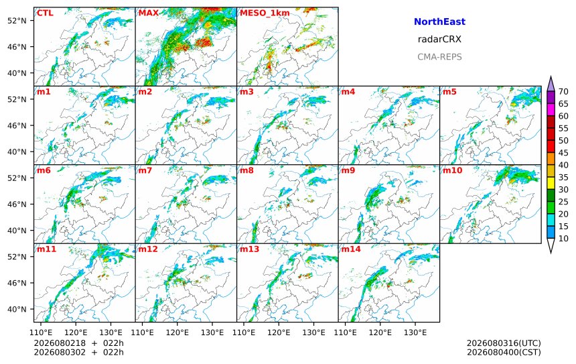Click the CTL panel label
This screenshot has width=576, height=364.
pyautogui.click(x=45, y=13)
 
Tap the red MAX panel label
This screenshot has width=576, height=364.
pyautogui.click(x=149, y=13)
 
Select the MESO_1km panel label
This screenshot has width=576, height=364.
pyautogui.click(x=265, y=13)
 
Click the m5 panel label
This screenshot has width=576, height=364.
pyautogui.click(x=449, y=92)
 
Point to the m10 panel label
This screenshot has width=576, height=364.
pyautogui.click(x=453, y=170)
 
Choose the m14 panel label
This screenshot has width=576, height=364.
pyautogui.click(x=351, y=249)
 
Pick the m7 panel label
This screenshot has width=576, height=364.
pyautogui.click(x=145, y=170)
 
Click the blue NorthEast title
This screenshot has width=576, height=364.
pyautogui.click(x=439, y=21)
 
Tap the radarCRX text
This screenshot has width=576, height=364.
pyautogui.click(x=439, y=40)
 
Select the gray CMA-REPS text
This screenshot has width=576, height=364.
pyautogui.click(x=439, y=57)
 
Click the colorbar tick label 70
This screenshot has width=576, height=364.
pyautogui.click(x=563, y=92)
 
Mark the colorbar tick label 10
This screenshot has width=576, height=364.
pyautogui.click(x=563, y=239)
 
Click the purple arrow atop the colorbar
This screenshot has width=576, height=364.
pyautogui.click(x=551, y=84)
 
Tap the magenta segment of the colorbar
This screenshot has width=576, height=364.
pyautogui.click(x=551, y=109)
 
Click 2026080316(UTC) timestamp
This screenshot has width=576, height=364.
pyautogui.click(x=504, y=343)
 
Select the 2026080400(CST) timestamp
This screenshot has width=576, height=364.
pyautogui.click(x=504, y=352)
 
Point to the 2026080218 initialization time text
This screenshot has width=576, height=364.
pyautogui.click(x=60, y=343)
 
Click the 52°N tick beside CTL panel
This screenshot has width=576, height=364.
pyautogui.click(x=17, y=21)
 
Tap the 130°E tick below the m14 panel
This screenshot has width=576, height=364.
pyautogui.click(x=415, y=332)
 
